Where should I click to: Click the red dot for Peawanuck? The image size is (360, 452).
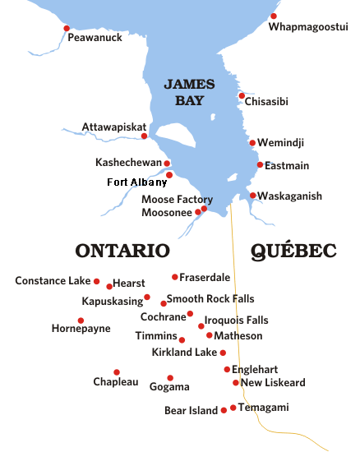tap(67, 28)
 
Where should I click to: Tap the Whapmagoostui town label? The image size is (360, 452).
tap(309, 27)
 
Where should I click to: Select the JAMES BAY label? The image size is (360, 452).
tap(189, 91)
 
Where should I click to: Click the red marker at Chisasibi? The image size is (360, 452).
tap(242, 95)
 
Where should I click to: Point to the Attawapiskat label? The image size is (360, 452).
tap(113, 127)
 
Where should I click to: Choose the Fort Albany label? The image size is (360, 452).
tap(136, 182)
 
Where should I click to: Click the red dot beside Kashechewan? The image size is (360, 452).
tap(167, 163)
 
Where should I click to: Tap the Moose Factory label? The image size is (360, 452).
tap(177, 200)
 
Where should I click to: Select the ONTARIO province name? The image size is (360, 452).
tap(122, 251)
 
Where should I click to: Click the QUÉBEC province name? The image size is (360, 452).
tap(294, 251)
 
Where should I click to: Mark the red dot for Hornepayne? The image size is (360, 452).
tap(81, 321)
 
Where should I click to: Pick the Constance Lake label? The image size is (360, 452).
tap(53, 281)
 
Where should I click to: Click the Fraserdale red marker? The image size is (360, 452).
tap(174, 277)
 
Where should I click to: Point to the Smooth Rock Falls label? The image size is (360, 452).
tap(210, 299)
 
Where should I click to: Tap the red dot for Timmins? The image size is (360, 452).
tap(182, 339)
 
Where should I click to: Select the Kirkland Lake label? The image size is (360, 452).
tap(184, 353)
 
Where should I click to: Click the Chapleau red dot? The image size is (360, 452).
tap(117, 371)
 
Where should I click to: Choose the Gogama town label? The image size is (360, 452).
tap(169, 386)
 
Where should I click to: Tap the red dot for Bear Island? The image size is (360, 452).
tap(224, 410)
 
